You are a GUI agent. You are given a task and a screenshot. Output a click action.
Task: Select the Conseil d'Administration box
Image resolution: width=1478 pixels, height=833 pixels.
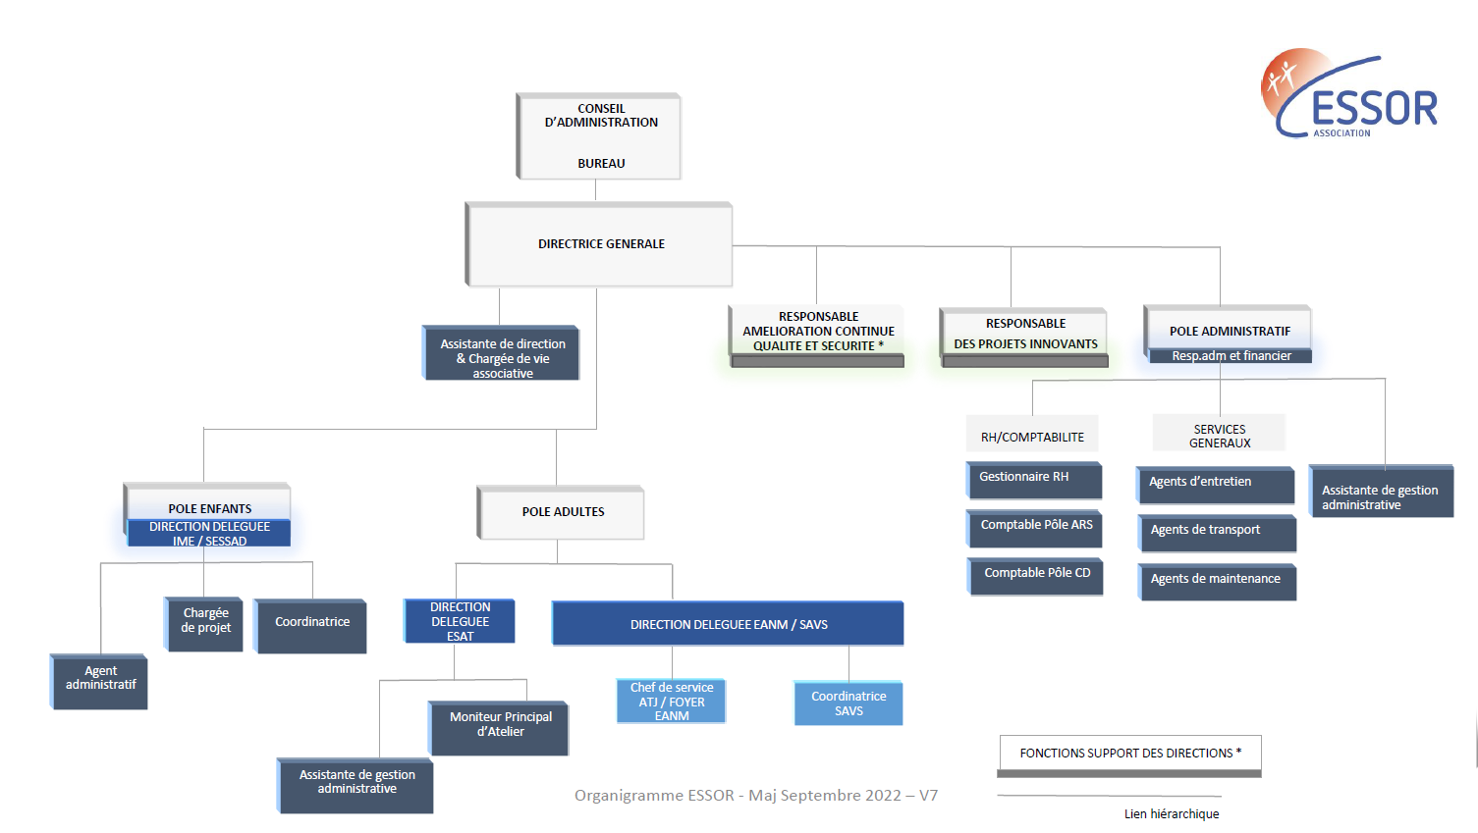point(600,136)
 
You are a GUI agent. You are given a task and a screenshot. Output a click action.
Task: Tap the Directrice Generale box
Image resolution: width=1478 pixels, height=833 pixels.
point(600,244)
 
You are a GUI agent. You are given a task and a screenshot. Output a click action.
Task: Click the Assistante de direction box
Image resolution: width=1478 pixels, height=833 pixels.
point(502,353)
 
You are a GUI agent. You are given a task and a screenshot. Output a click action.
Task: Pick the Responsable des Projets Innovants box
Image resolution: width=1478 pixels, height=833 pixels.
point(1024,335)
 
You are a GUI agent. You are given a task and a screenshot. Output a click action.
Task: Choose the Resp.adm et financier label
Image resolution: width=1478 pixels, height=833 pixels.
point(1231,356)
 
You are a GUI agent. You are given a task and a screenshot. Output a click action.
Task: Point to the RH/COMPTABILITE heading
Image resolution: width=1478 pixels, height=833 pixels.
point(1032,437)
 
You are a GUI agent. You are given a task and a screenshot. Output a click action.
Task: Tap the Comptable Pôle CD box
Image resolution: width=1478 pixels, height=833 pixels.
point(1037,575)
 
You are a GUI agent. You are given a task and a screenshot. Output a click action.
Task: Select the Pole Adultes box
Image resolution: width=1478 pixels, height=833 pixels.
point(562,512)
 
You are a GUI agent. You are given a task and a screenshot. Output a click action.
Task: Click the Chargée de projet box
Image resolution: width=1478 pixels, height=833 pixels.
point(204,623)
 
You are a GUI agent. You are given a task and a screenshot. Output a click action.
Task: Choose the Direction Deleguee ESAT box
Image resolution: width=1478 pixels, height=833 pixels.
point(460,621)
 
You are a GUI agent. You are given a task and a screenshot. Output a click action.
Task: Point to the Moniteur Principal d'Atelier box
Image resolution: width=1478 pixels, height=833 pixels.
point(500,727)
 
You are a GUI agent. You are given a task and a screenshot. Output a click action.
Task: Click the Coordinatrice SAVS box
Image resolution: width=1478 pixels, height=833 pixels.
point(848,703)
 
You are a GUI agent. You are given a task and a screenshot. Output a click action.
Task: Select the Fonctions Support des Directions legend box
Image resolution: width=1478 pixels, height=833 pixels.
point(1130,754)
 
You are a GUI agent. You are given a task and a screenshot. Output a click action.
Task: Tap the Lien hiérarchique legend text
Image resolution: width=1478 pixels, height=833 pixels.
point(1172,813)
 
